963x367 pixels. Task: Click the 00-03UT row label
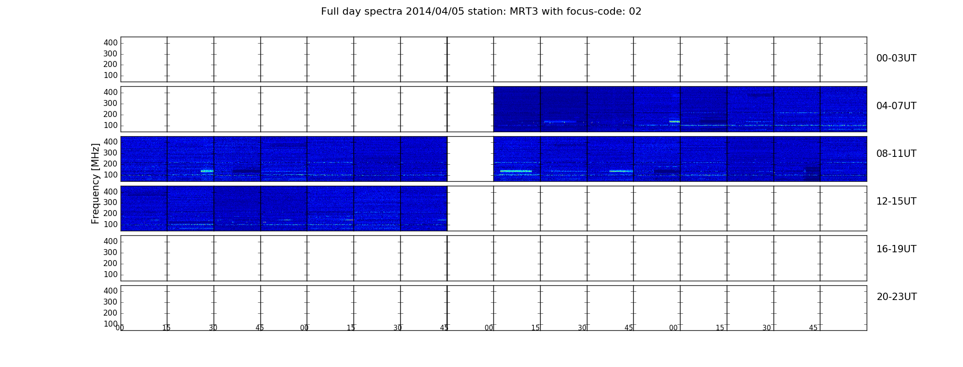tap(896, 58)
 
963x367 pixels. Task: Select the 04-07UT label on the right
tap(896, 106)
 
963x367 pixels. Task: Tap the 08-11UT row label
tap(896, 154)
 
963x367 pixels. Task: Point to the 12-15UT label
tap(896, 201)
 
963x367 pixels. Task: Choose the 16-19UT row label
tap(896, 249)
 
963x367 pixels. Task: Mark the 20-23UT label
tap(897, 297)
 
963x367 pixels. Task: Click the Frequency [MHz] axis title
tap(95, 183)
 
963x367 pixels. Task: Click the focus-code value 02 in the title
tap(635, 11)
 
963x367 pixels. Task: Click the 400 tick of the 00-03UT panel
tap(111, 43)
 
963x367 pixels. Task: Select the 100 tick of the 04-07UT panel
tap(111, 125)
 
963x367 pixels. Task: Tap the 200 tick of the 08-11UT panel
tap(111, 164)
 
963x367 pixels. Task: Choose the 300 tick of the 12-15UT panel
tap(111, 202)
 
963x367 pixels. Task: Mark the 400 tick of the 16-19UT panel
tap(111, 241)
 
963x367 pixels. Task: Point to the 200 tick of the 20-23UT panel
tap(111, 313)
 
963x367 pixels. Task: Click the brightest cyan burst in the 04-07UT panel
tap(674, 122)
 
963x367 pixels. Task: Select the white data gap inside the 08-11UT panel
tap(470, 159)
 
